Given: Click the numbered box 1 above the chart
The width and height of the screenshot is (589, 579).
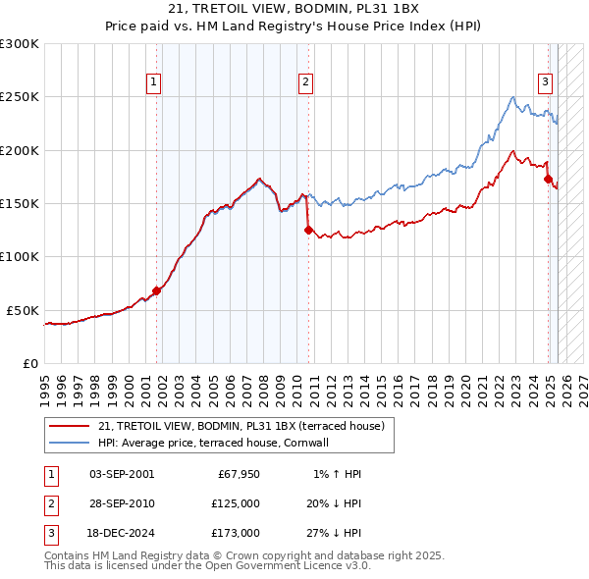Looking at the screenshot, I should coord(155,83).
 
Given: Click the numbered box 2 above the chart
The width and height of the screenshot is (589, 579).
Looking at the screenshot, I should coord(306,83).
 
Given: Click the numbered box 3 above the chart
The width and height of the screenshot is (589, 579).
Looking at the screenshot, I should coord(544,83).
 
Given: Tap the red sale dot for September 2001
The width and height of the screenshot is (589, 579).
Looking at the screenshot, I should coord(156,290).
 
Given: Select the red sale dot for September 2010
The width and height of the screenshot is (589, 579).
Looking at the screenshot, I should coord(308,231).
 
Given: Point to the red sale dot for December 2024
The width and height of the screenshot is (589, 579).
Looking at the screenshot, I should coord(548,180).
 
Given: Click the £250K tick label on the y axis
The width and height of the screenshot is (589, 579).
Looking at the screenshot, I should coord(20,97).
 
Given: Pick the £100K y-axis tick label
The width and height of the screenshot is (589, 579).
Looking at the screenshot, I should coord(20,257).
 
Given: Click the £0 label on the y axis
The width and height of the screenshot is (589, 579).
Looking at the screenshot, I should coord(29,363).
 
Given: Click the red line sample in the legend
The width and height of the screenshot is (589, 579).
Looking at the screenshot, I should coord(69,426).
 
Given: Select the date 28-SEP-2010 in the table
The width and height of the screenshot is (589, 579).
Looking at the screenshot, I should coord(122,503).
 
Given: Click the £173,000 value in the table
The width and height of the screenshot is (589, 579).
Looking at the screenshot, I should coord(236,533).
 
